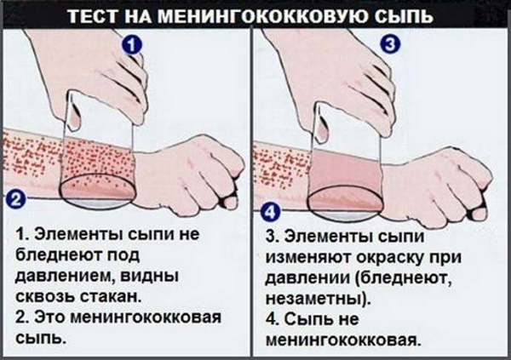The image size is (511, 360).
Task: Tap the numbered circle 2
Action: coord(14,201)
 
